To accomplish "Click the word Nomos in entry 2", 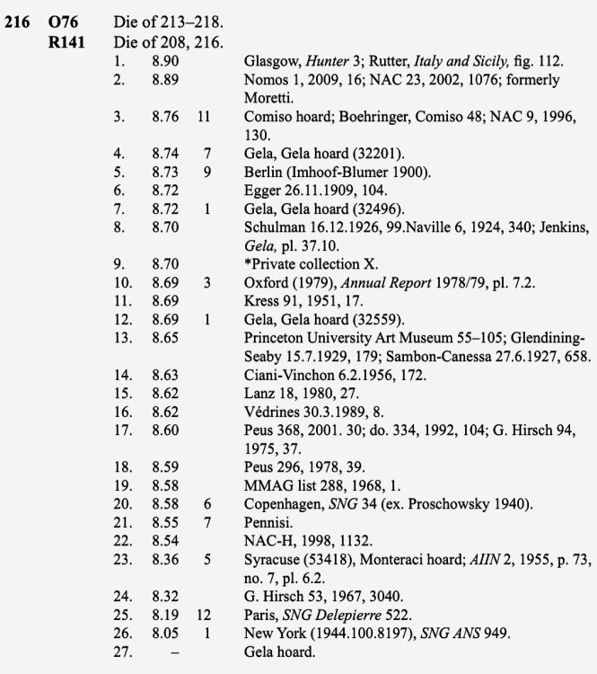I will (x=267, y=80).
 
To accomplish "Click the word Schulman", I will (x=276, y=228).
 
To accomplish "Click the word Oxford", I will (x=267, y=284).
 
